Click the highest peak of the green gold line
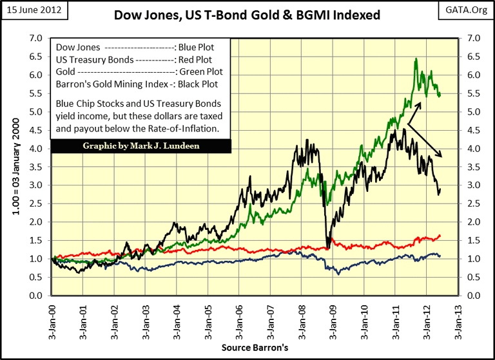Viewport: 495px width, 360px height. point(416,59)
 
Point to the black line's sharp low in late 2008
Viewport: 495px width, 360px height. point(327,248)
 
